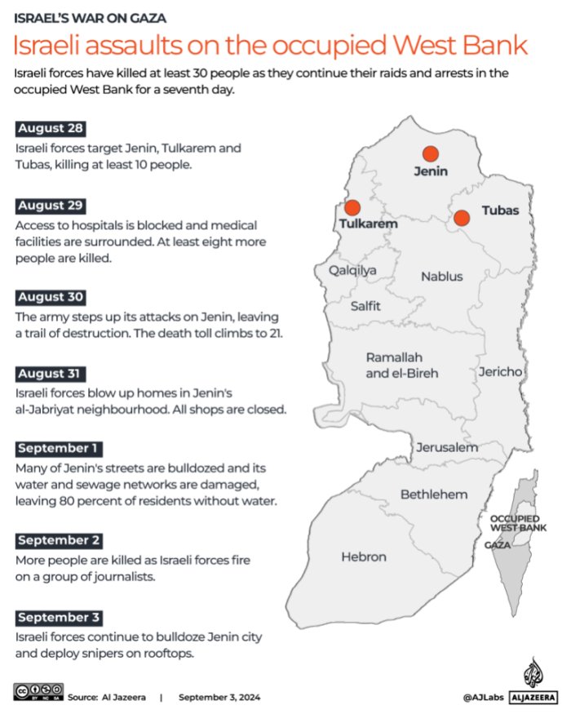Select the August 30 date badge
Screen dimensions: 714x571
(51, 297)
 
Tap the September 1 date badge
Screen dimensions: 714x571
(59, 449)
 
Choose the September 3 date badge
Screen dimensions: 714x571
(60, 617)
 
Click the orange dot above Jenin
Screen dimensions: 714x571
(430, 153)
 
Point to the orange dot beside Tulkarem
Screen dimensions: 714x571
(352, 208)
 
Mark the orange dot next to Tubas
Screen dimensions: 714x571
(462, 217)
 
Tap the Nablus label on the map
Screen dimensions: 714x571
(441, 277)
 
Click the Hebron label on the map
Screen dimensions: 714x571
(364, 557)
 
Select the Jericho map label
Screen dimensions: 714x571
(500, 372)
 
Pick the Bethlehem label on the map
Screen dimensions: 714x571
(433, 494)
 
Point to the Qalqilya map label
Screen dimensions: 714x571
(352, 270)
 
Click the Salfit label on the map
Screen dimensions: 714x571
(365, 306)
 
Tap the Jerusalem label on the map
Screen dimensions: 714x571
(447, 448)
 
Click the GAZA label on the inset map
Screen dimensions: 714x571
(498, 545)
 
